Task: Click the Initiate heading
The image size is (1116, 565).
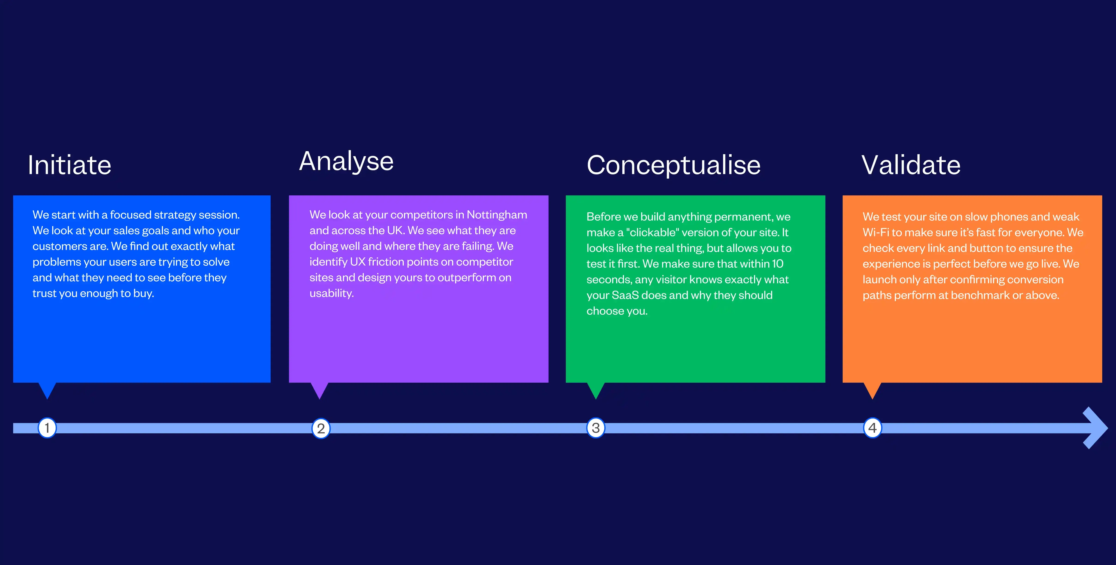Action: pyautogui.click(x=69, y=165)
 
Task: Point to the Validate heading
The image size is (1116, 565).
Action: pyautogui.click(x=911, y=165)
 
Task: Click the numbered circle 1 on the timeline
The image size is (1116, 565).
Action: pyautogui.click(x=47, y=428)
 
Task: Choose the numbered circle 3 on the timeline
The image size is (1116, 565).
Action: pyautogui.click(x=596, y=428)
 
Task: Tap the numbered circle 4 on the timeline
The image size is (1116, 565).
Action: pyautogui.click(x=872, y=428)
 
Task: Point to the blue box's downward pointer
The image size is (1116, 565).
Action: pyautogui.click(x=47, y=390)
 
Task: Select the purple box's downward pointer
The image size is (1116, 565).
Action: pyautogui.click(x=320, y=390)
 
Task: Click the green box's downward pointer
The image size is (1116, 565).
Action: pyautogui.click(x=596, y=390)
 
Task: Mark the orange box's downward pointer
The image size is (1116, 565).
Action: pyautogui.click(x=872, y=390)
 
